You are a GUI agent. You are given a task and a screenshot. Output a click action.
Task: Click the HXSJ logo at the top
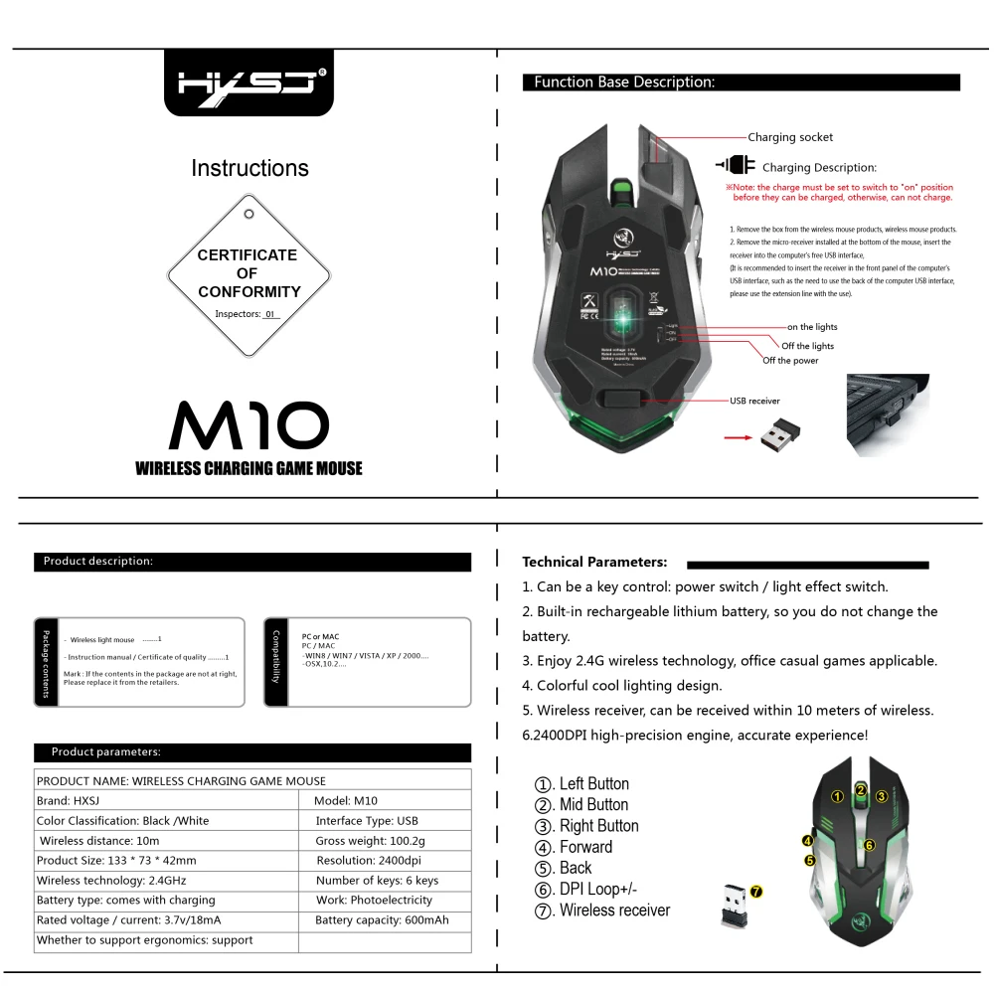point(248,83)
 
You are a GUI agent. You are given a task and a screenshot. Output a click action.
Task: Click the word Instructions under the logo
point(249,168)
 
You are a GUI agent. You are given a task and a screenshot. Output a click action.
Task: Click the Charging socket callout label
point(790,137)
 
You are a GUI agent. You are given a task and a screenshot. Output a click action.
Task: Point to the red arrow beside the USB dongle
point(737,435)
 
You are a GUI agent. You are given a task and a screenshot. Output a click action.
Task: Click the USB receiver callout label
point(754,401)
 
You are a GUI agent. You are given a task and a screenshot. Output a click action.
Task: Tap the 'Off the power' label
point(790,360)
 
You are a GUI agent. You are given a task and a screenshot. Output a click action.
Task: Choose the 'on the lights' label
point(812,327)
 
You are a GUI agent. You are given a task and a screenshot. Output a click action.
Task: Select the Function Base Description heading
point(624,83)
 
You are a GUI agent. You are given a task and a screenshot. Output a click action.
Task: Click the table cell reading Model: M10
point(346,800)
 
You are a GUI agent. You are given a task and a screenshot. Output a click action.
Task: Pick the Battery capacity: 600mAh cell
point(382,919)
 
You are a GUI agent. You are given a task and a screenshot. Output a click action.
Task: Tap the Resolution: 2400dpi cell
point(369,860)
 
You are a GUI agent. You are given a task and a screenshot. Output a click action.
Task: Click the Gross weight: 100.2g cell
point(370,840)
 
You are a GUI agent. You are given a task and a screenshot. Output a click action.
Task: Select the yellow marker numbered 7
point(756,892)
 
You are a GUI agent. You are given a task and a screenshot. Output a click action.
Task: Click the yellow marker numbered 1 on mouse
point(838,795)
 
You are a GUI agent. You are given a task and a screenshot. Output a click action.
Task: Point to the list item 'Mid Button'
point(593,804)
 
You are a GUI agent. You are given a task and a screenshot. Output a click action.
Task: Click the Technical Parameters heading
point(594,562)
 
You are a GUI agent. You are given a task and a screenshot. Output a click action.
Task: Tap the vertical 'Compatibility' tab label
point(276,657)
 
